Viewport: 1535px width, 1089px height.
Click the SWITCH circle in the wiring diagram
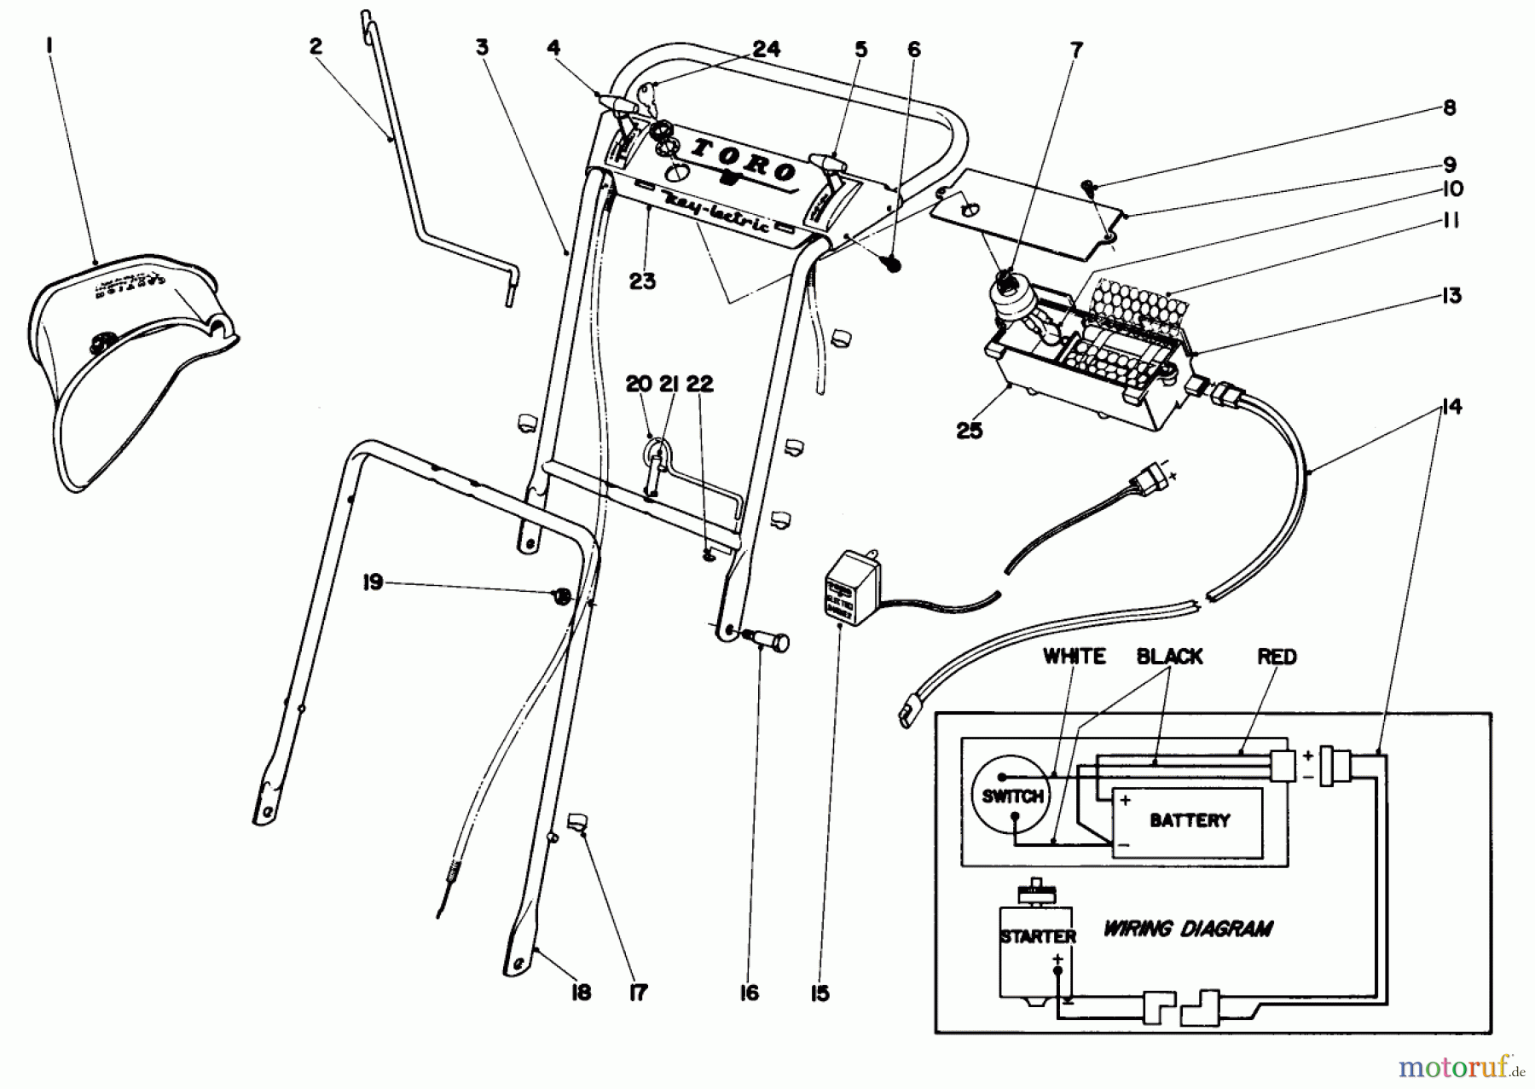[1011, 796]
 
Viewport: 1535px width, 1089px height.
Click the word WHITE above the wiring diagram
[1074, 656]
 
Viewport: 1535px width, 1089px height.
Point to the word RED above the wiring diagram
[1276, 657]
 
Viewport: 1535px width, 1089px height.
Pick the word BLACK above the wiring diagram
[1169, 656]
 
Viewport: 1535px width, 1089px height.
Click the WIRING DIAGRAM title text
[1188, 928]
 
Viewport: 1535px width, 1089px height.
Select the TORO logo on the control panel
[743, 160]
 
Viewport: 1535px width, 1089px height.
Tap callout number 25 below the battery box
[970, 430]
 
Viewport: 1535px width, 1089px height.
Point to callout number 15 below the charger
[820, 993]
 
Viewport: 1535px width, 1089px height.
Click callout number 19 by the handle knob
[373, 583]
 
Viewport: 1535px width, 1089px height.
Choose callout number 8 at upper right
[1449, 107]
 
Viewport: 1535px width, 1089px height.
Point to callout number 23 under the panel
[642, 281]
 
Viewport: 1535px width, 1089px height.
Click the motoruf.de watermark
[1461, 1066]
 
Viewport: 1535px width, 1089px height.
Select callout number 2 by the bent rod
[316, 46]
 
